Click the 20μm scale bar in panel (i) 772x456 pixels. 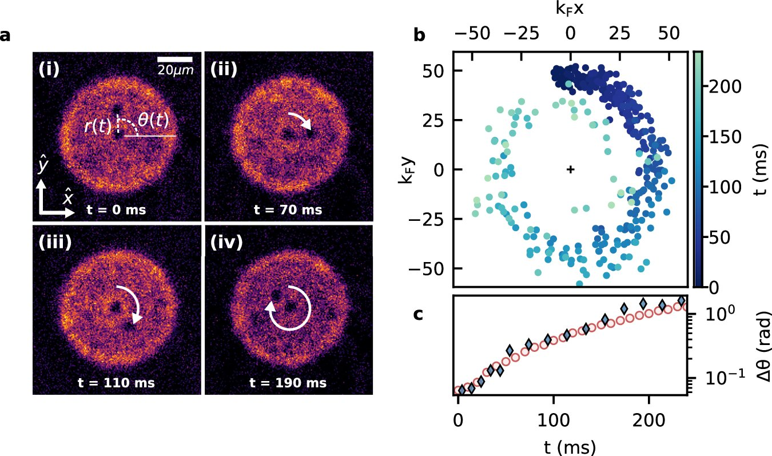click(x=174, y=60)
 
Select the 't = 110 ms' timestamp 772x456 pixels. click(x=116, y=383)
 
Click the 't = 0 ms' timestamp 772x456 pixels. click(x=116, y=210)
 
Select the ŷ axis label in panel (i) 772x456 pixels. click(x=43, y=166)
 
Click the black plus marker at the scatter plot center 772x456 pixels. click(x=570, y=169)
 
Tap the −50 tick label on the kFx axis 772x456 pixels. click(x=472, y=33)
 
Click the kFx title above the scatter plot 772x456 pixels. click(x=570, y=10)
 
